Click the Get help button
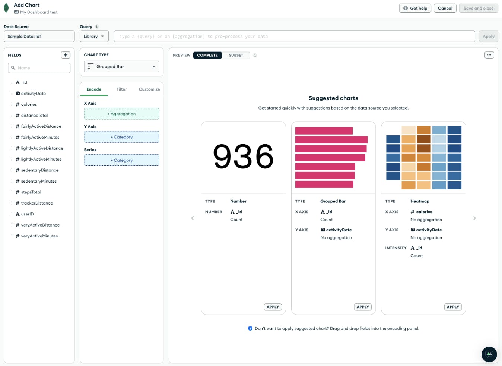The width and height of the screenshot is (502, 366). point(415,8)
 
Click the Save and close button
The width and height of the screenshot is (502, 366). point(478,8)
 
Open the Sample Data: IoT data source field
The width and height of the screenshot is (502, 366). point(39,37)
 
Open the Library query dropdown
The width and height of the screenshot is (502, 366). point(94,37)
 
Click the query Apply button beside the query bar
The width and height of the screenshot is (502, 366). point(488,37)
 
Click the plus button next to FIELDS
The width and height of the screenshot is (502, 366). point(66,55)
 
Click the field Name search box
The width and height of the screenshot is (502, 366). point(39,68)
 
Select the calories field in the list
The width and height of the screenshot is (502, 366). point(29,105)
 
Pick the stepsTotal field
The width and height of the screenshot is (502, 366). point(31,192)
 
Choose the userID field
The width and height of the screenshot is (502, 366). point(27,214)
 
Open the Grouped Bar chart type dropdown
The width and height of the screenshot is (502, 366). point(121,67)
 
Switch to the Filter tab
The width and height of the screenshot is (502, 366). point(121,89)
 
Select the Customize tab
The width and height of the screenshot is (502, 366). point(149,89)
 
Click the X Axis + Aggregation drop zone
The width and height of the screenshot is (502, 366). point(121,114)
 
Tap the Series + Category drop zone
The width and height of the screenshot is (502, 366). point(121,160)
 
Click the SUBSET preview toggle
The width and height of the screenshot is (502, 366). point(236,55)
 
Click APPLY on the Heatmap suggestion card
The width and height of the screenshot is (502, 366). point(453,307)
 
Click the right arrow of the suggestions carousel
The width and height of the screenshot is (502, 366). point(474,218)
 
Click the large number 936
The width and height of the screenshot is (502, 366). point(243,157)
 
